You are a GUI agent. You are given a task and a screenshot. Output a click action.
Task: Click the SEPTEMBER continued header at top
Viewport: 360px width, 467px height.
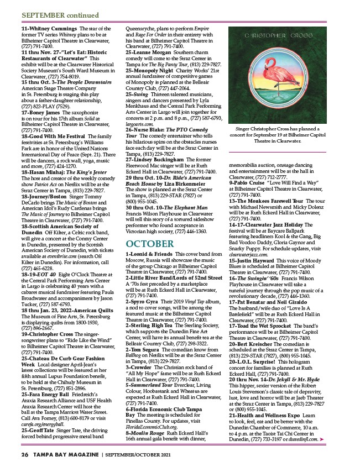coord(53,14)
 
